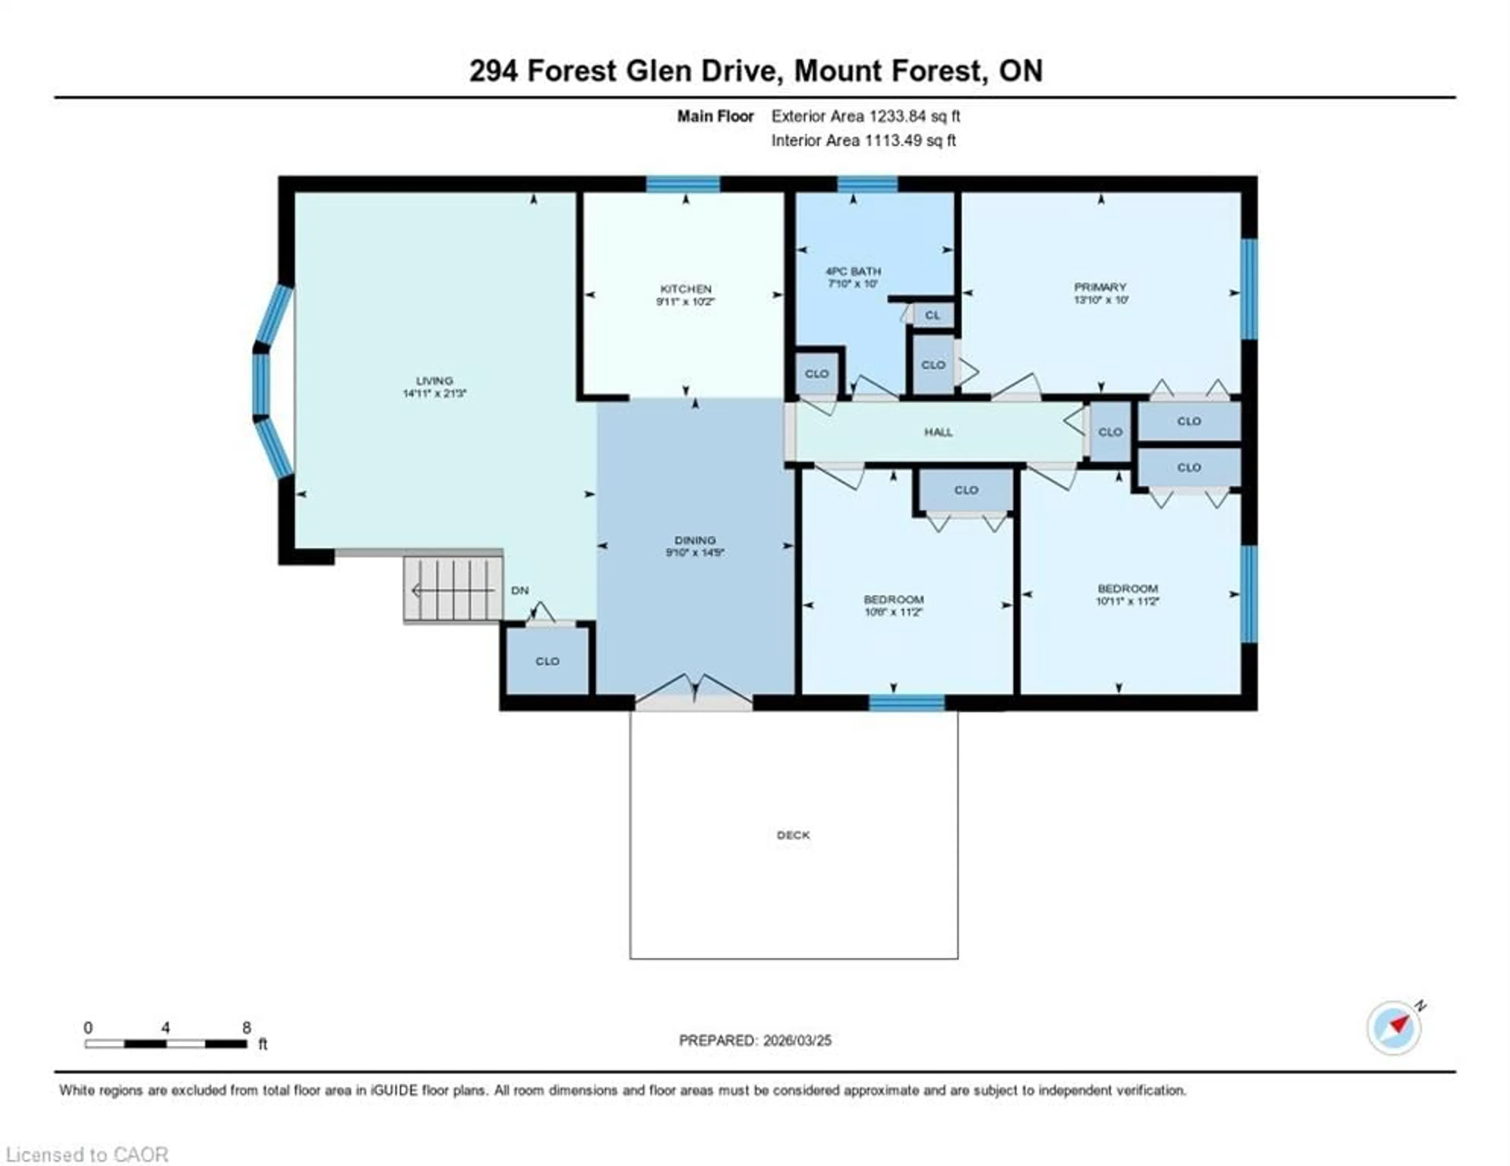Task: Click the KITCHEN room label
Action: [685, 289]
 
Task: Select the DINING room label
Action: [695, 540]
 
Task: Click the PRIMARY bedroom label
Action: [1100, 287]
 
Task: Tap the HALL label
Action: [938, 432]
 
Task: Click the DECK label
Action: [793, 835]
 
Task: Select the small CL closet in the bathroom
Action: [932, 315]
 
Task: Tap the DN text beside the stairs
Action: [520, 590]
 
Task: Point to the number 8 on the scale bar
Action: [247, 1028]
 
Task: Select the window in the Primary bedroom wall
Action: [1249, 289]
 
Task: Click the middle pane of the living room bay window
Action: [261, 384]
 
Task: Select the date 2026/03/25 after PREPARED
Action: [797, 1040]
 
